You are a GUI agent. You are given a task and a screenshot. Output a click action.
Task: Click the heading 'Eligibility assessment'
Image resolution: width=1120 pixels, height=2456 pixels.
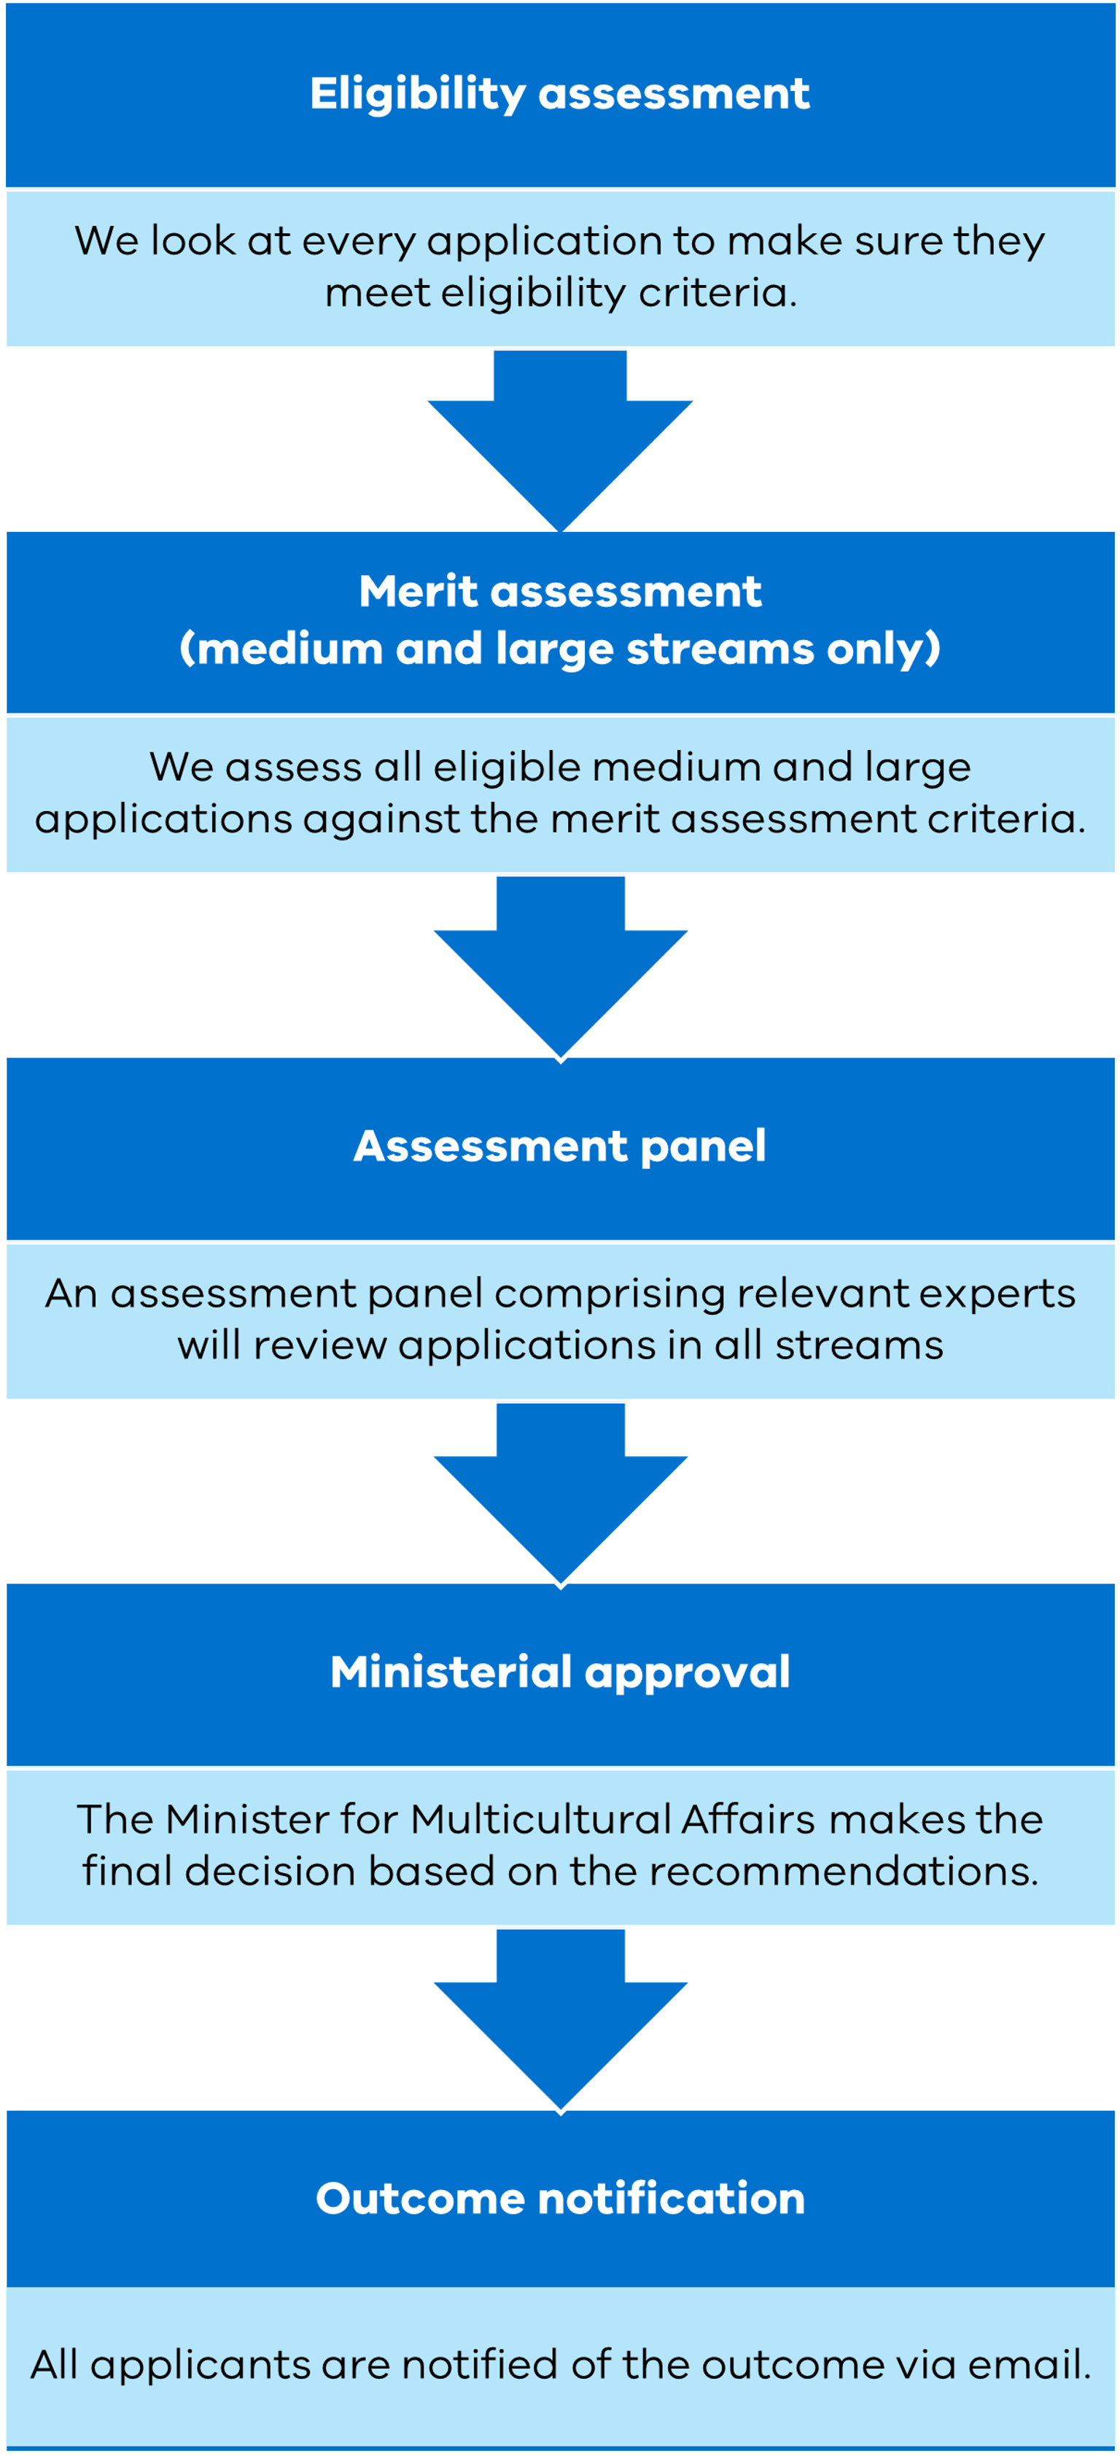[560, 93]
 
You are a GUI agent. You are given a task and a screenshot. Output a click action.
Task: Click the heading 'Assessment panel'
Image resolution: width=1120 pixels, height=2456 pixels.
[560, 1146]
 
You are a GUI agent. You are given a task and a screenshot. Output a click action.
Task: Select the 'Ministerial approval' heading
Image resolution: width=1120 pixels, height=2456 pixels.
[560, 1673]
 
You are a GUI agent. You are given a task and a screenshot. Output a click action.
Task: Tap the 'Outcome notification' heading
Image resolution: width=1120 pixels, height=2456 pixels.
[560, 2199]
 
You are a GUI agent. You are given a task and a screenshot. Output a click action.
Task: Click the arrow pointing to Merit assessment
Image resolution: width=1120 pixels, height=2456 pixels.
[560, 439]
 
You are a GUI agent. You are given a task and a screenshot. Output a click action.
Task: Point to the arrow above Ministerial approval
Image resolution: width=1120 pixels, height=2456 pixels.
[560, 1491]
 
